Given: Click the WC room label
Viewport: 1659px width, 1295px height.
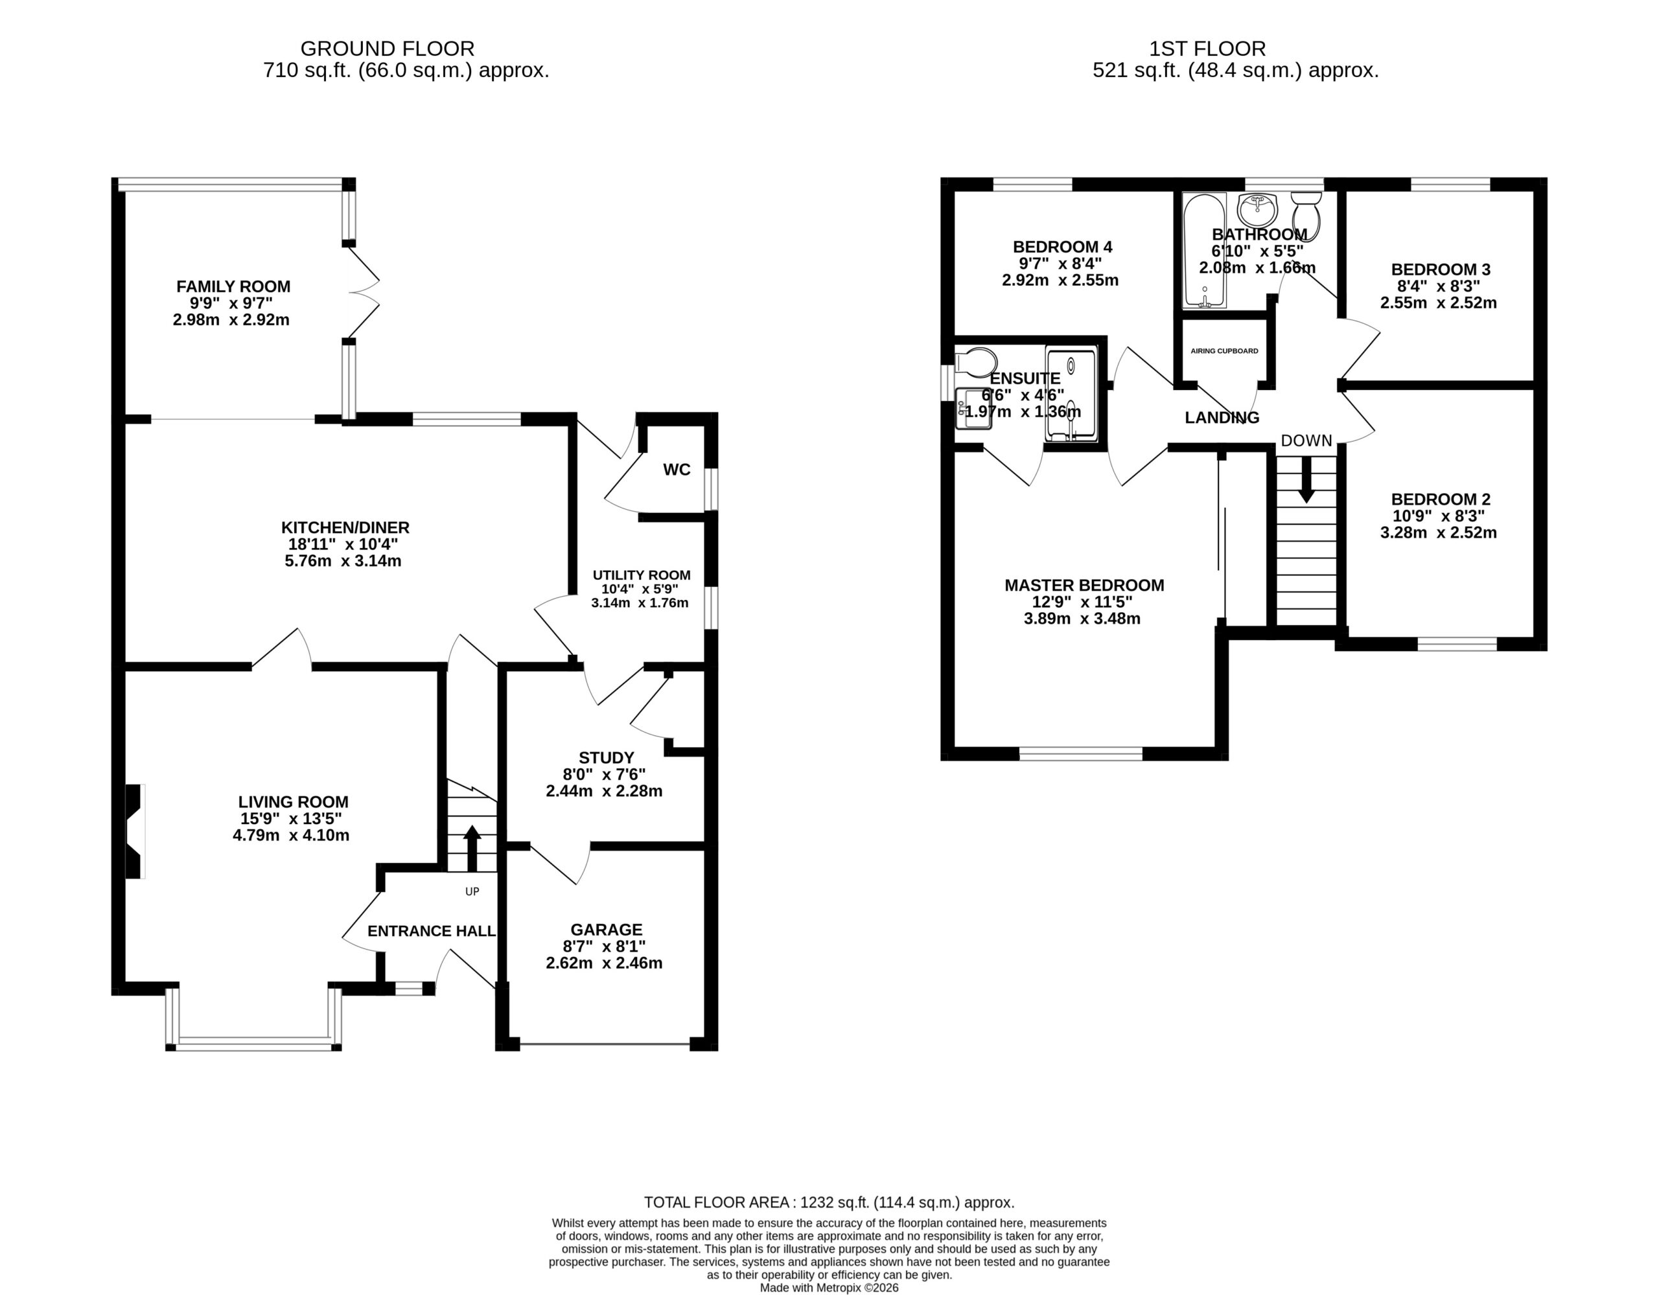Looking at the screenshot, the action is [x=677, y=470].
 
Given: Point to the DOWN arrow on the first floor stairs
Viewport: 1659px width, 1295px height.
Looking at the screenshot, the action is [x=1306, y=480].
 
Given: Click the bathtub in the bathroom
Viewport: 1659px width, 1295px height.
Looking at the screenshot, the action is [x=1205, y=251].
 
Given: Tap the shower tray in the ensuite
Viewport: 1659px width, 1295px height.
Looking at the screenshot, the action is [x=1071, y=393].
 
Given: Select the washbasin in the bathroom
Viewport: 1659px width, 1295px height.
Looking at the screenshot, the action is [x=1258, y=206].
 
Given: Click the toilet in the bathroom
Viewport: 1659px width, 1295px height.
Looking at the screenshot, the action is [x=1306, y=215].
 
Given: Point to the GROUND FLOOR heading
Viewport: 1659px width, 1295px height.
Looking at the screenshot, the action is [x=388, y=49].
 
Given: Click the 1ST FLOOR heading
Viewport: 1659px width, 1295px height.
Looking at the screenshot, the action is [x=1207, y=49].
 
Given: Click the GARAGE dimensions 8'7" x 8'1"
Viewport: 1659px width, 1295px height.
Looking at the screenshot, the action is [x=605, y=946].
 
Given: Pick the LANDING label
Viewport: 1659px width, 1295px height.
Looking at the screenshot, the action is [x=1222, y=417].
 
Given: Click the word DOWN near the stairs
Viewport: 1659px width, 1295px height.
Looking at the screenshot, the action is [x=1306, y=441].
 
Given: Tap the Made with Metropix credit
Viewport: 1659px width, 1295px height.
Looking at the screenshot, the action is [x=829, y=1288].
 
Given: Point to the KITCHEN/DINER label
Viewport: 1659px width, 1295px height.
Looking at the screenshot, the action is [x=345, y=527].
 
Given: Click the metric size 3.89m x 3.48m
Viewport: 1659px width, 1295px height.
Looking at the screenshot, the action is [x=1082, y=618].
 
